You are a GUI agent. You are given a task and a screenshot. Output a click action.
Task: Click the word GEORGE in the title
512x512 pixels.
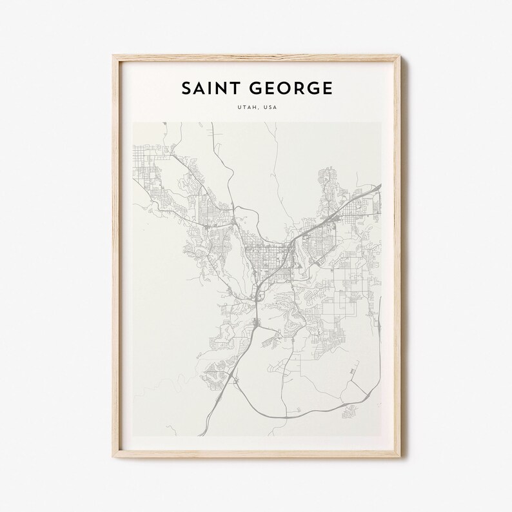[291, 88]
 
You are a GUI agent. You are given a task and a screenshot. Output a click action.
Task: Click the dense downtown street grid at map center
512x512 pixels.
[261, 248]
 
